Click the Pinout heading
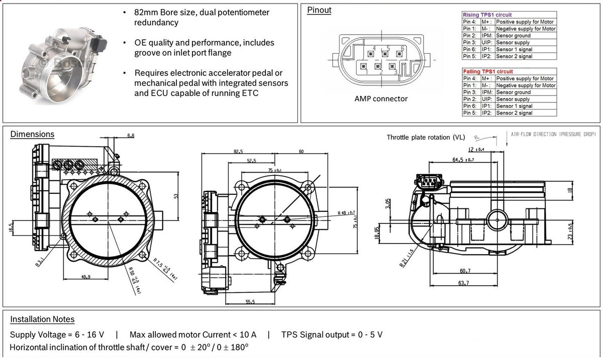pyautogui.click(x=319, y=11)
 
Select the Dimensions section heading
pyautogui.click(x=32, y=134)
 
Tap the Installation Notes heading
pyautogui.click(x=42, y=319)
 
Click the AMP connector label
pyautogui.click(x=381, y=99)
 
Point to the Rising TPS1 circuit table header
pyautogui.click(x=487, y=15)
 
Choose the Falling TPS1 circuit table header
pyautogui.click(x=487, y=72)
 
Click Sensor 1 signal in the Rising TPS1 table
pyautogui.click(x=514, y=49)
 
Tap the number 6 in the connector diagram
pyautogui.click(x=403, y=48)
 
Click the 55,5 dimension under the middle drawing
pyautogui.click(x=250, y=301)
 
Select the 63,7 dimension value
pyautogui.click(x=464, y=283)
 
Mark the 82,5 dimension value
pyautogui.click(x=238, y=151)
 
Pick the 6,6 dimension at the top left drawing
pyautogui.click(x=131, y=136)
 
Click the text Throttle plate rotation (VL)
pyautogui.click(x=426, y=137)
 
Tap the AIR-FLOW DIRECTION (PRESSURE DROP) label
pyautogui.click(x=553, y=135)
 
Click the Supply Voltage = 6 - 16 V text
pyautogui.click(x=57, y=334)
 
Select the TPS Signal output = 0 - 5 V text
pyautogui.click(x=332, y=334)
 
